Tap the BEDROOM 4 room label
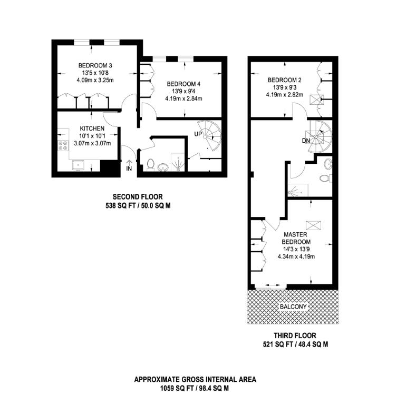click(183, 84)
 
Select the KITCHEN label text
click(92, 128)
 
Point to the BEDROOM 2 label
click(282, 80)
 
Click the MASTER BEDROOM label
click(296, 238)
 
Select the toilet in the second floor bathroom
click(150, 165)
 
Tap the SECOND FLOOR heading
click(138, 197)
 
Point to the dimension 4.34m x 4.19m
click(296, 256)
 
